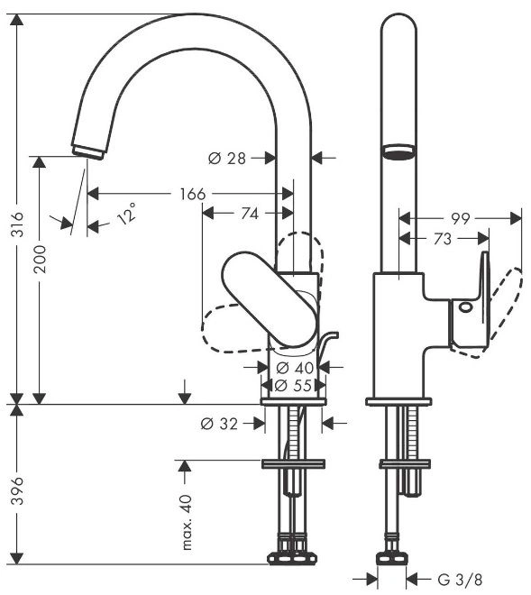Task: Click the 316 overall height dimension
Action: click(17, 224)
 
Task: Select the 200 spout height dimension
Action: click(40, 259)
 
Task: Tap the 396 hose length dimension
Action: click(17, 491)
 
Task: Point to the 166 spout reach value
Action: click(192, 194)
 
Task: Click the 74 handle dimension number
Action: click(250, 214)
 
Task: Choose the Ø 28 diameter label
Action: click(227, 159)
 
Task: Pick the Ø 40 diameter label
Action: click(295, 367)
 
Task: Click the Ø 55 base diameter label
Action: click(293, 386)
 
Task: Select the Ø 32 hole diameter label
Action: click(219, 424)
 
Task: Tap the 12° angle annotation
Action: click(127, 214)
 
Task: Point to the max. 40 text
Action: click(188, 522)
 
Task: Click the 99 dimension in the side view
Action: click(461, 218)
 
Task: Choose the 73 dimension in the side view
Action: click(443, 239)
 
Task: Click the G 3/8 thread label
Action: click(460, 580)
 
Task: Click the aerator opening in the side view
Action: click(398, 151)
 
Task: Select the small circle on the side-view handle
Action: click(465, 307)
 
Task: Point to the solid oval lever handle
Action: click(269, 299)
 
